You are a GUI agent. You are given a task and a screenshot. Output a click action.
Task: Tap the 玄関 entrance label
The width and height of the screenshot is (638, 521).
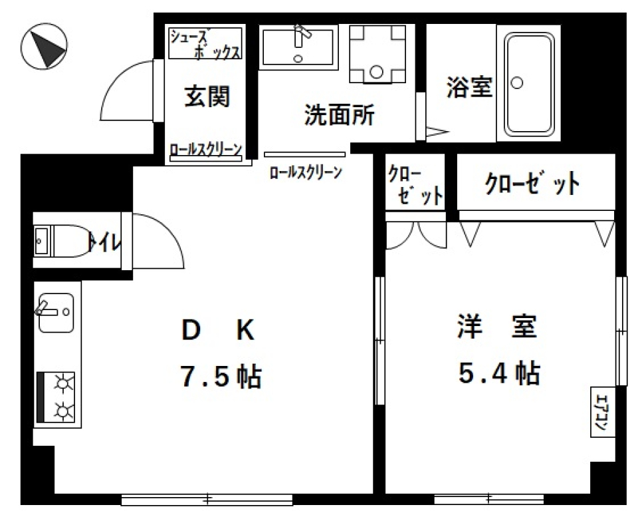pos(207,97)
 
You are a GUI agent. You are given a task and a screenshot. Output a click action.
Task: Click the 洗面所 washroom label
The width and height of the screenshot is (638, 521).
pos(340,116)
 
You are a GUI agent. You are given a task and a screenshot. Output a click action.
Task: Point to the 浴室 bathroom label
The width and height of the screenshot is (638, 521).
pos(469,87)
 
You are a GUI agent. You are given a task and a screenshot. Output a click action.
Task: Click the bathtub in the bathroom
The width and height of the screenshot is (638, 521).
pos(529,83)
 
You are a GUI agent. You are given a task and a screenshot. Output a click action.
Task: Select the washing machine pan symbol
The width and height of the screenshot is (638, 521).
pos(377,53)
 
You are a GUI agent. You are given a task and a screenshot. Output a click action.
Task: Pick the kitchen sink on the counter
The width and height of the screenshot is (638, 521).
pos(55,312)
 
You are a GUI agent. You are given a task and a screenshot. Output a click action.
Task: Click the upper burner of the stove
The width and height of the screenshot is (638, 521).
pos(64,384)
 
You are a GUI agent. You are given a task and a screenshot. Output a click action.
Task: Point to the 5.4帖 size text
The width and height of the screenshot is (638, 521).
pos(498,374)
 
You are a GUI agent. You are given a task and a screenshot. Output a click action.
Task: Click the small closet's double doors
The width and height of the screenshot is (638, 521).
pos(416,234)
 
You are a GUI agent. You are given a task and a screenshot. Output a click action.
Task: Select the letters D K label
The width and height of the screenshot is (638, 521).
pos(217,331)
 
